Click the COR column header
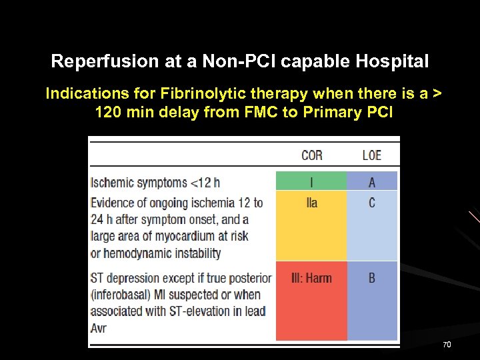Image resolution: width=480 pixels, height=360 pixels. click(x=311, y=155)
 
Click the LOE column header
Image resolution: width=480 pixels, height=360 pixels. click(x=371, y=155)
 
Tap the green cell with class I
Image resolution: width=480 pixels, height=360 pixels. click(x=311, y=181)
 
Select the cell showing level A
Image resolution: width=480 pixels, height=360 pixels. click(x=372, y=181)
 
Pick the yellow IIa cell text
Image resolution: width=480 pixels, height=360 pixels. click(x=311, y=203)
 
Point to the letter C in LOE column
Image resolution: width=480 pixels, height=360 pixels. click(x=372, y=203)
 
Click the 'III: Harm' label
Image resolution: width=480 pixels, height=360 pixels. click(x=311, y=277)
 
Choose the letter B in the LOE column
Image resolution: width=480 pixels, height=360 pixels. click(x=372, y=277)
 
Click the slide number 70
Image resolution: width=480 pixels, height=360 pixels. click(x=447, y=345)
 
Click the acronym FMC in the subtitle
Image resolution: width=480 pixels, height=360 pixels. click(x=259, y=111)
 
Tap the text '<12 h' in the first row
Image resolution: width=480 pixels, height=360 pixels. click(x=205, y=183)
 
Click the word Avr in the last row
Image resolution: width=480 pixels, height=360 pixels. click(x=99, y=327)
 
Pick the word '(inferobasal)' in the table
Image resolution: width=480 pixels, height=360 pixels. click(x=126, y=294)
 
